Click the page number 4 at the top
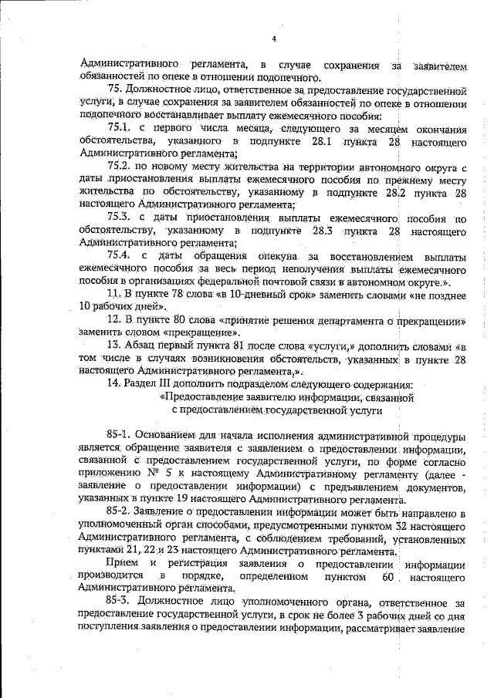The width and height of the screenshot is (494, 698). [274, 39]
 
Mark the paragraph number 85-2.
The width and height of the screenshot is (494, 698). [121, 512]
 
